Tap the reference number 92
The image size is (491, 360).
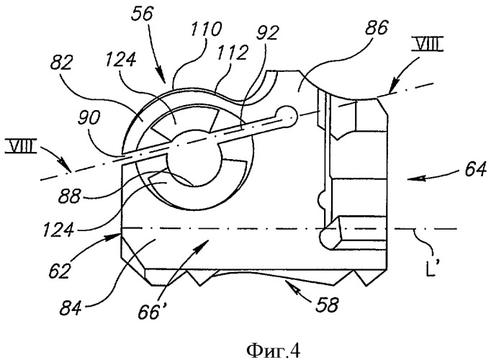tap(267, 33)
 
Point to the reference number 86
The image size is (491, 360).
tap(376, 29)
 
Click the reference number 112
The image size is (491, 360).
tap(233, 53)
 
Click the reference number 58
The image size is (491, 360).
tap(327, 305)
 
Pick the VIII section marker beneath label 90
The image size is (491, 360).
tap(21, 148)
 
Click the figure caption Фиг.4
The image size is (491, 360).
tap(274, 351)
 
